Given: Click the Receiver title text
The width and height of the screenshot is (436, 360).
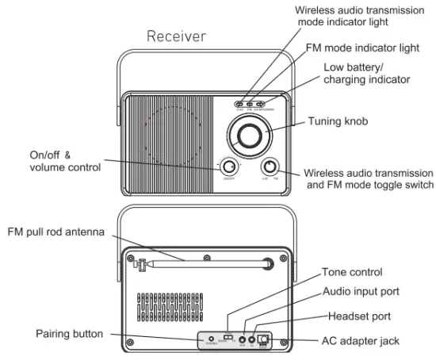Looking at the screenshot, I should click(177, 36).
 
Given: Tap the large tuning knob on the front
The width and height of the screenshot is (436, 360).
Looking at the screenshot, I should click(249, 134).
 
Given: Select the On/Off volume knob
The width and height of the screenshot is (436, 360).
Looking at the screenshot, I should click(229, 167).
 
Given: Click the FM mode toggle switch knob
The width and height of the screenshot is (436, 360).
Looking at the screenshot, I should click(270, 167).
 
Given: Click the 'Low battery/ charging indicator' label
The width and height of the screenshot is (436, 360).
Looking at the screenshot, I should click(365, 74).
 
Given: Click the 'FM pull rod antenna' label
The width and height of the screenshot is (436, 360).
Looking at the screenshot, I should click(55, 232).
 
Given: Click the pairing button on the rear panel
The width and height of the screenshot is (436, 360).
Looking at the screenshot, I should click(212, 339).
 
